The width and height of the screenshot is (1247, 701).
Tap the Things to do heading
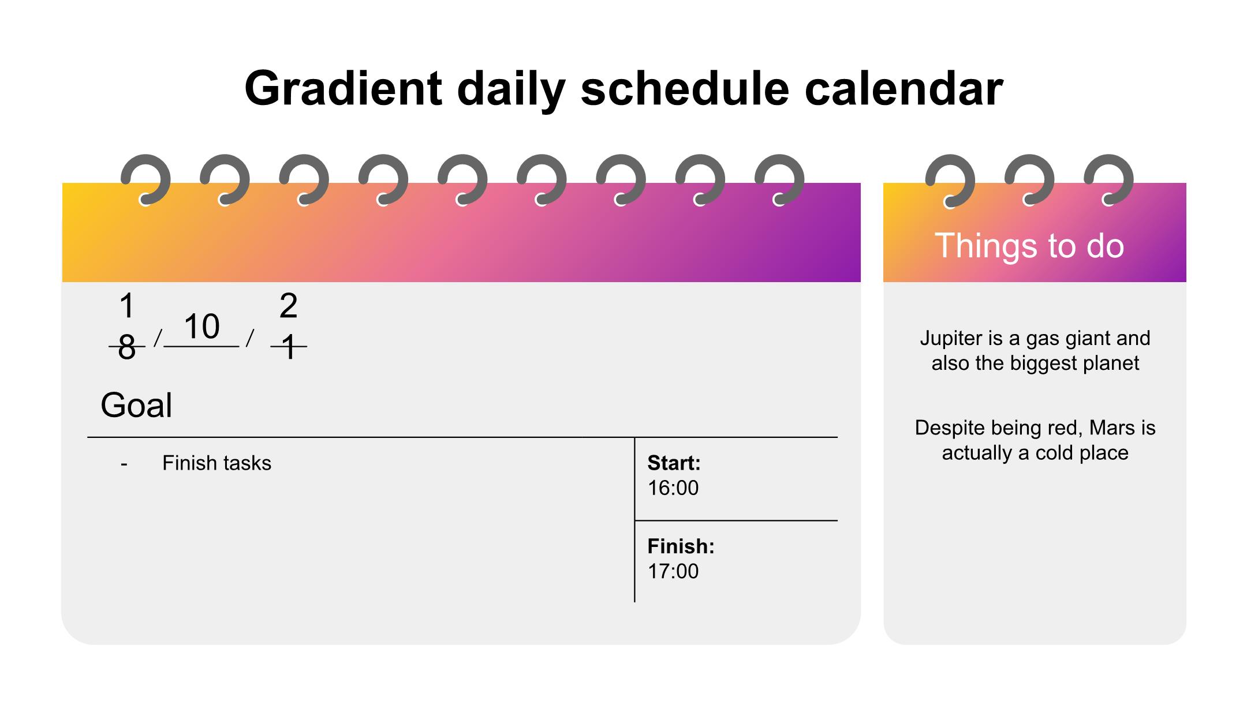[1029, 245]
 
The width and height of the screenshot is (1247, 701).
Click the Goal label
[136, 405]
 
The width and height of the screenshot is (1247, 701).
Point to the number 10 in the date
[201, 327]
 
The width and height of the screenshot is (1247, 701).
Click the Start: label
[674, 463]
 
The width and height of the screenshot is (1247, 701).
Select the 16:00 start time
[673, 488]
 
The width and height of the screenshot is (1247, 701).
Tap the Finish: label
[681, 546]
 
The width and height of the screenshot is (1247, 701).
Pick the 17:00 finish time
[673, 571]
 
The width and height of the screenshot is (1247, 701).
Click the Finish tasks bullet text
[216, 463]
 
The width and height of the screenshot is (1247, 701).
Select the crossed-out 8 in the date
[126, 347]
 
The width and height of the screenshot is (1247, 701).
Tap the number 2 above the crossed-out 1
[288, 306]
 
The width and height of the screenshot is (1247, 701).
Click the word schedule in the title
[685, 88]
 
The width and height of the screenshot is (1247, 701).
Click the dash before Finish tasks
[124, 464]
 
